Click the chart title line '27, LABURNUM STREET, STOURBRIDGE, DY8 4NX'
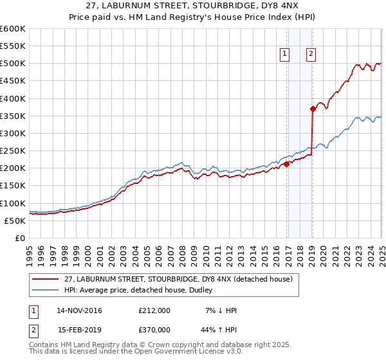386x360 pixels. (193, 6)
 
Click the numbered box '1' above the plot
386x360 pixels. (284, 54)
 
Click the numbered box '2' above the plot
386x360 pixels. (311, 54)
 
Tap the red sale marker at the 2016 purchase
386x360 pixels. (287, 164)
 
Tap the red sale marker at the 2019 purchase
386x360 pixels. (313, 109)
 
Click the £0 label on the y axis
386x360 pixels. (21, 238)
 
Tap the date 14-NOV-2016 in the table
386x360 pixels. (79, 310)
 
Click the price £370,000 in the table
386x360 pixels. (154, 328)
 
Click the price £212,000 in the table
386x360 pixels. (154, 310)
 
